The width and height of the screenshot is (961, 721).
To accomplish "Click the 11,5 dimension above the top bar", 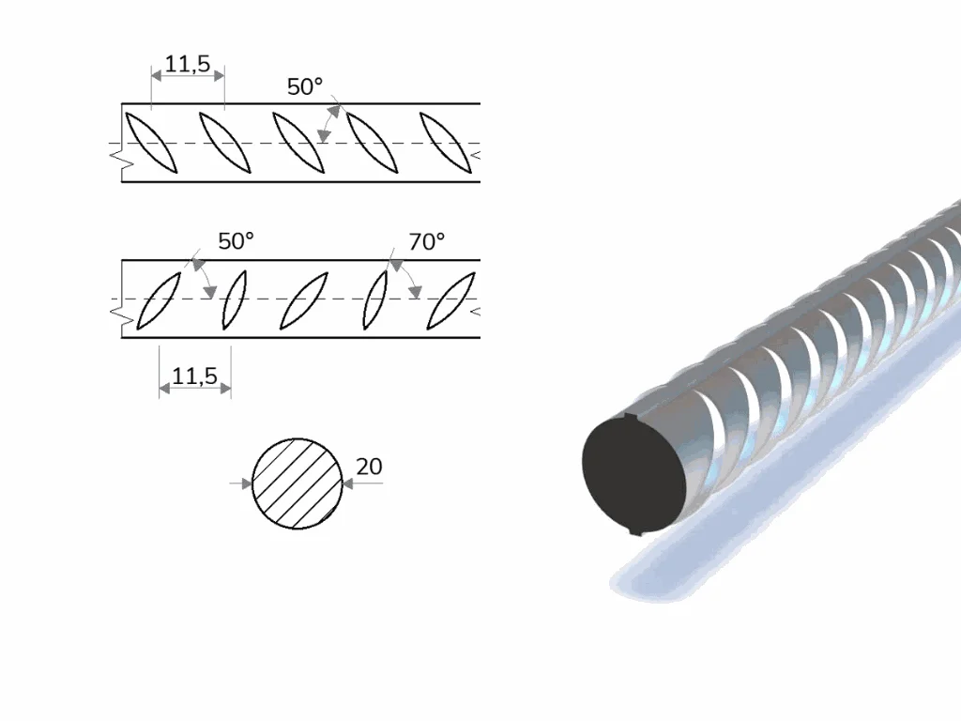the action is [x=188, y=64].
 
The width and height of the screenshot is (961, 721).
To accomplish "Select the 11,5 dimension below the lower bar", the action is [x=194, y=376].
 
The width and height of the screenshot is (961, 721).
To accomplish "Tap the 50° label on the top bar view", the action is [x=305, y=86].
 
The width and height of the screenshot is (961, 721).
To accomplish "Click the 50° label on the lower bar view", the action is [x=236, y=241].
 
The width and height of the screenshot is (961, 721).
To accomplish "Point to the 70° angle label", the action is [x=427, y=241].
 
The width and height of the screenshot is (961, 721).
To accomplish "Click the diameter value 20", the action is [x=369, y=467].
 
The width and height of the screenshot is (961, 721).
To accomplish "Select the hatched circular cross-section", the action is [x=297, y=483].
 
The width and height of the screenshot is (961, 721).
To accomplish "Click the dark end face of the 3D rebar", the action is [x=634, y=473].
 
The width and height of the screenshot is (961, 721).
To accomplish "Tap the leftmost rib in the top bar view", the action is [x=151, y=143].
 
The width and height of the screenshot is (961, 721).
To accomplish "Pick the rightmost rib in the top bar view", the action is [x=446, y=143].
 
